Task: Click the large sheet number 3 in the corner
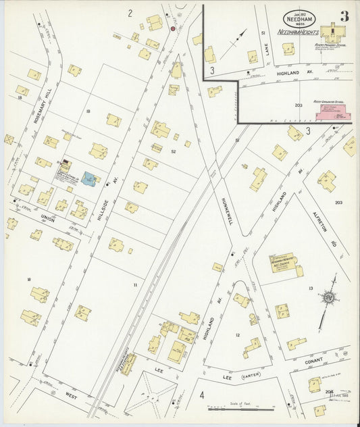(x=344, y=16)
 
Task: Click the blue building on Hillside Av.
(x=88, y=178)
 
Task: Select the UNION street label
(x=47, y=217)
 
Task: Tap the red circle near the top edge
(x=172, y=28)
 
